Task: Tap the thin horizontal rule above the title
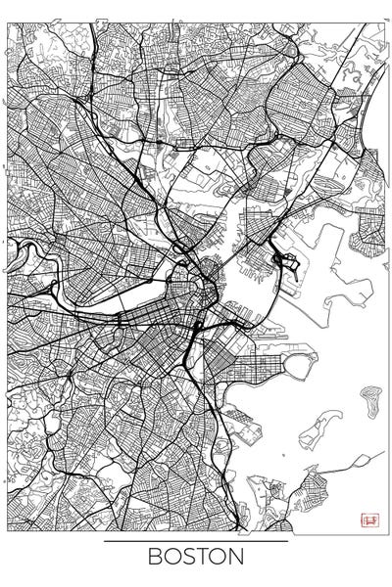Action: (196, 540)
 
